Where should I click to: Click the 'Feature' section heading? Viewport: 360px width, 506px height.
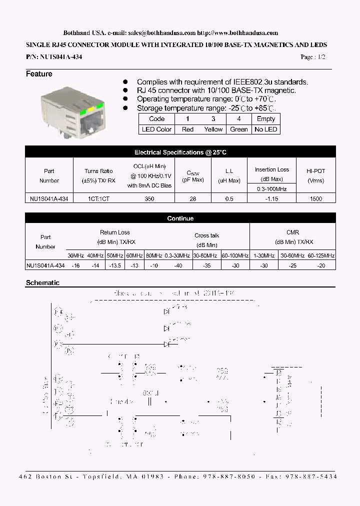(x=39, y=74)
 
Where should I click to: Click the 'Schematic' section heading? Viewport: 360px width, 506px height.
(x=42, y=283)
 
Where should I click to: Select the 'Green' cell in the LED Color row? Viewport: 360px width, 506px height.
(x=239, y=129)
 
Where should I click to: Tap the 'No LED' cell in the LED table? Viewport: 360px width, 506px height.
(x=265, y=129)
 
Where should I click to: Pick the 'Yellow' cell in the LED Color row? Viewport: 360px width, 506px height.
(x=213, y=129)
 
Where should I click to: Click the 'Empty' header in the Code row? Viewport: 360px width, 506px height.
(x=265, y=119)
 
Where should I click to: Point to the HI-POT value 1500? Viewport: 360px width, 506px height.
(x=315, y=198)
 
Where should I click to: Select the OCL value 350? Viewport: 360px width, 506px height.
(x=149, y=198)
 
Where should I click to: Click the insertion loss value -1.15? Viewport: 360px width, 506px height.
(x=272, y=198)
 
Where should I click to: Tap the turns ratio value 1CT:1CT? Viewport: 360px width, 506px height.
(x=99, y=198)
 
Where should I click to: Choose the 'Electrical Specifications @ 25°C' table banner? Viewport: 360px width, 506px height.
(x=180, y=152)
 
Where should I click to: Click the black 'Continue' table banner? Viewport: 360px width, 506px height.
(x=180, y=218)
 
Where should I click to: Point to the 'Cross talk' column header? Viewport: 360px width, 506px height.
(x=207, y=235)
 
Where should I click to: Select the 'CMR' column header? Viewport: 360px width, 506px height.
(x=292, y=232)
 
